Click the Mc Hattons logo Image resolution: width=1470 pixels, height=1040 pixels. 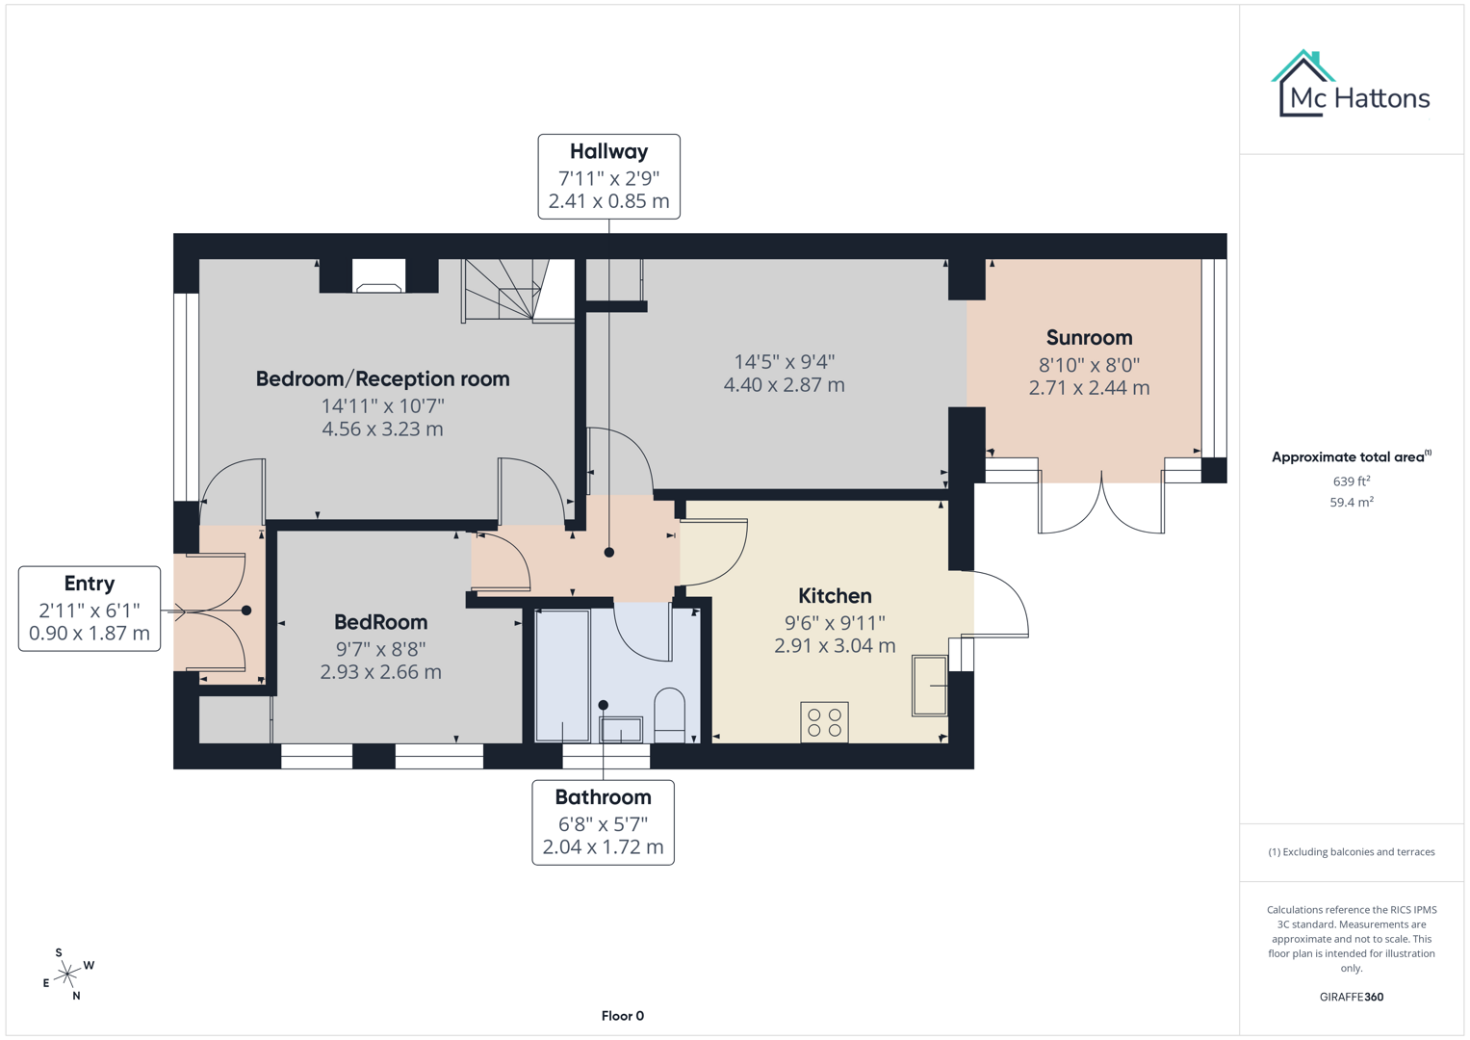1351,86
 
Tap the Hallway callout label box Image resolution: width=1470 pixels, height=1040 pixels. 608,176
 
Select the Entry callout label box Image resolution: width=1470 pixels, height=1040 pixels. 90,609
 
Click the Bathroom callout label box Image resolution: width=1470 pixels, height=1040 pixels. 603,822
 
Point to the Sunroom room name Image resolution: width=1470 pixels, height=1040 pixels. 1089,338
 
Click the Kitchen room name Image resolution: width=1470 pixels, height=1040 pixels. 835,596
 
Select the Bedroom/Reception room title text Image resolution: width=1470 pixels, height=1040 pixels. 382,379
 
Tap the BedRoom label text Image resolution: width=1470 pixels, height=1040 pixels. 380,622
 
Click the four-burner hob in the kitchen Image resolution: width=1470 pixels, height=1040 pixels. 824,722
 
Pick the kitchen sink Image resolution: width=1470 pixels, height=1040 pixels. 929,685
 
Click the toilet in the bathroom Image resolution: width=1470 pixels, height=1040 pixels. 669,715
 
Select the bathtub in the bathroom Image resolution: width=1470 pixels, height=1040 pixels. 562,675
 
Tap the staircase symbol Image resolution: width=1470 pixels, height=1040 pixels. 503,290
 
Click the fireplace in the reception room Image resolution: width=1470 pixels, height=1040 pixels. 378,277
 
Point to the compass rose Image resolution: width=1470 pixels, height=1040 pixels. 67,975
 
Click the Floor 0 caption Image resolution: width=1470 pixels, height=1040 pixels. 622,1016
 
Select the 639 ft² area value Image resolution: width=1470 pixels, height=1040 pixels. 1351,481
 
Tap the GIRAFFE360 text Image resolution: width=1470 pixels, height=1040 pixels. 1351,997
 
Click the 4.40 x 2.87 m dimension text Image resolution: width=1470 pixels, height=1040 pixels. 784,385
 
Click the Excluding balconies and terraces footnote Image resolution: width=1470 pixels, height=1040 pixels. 1351,852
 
